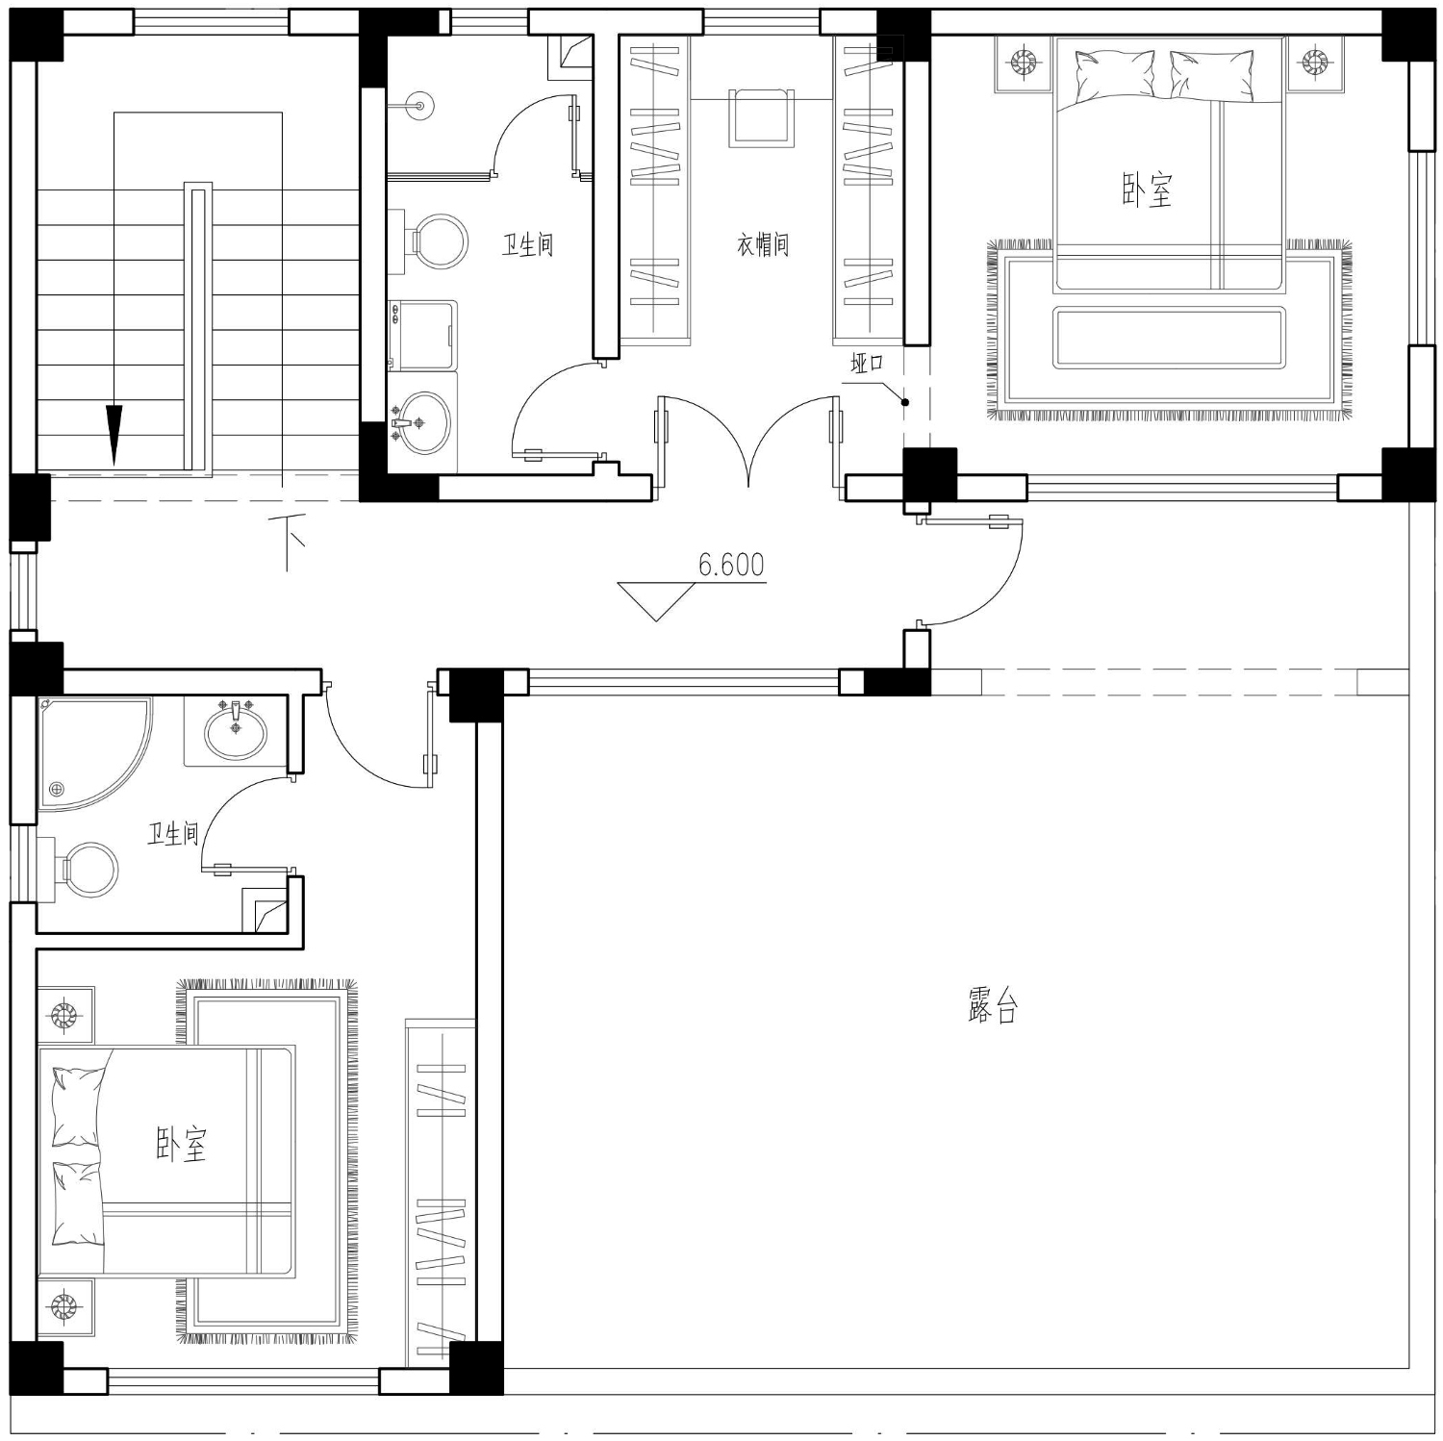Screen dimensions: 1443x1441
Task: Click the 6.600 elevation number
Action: point(731,564)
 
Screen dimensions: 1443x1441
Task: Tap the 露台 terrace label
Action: point(992,1005)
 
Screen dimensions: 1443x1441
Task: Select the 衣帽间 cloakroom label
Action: point(763,245)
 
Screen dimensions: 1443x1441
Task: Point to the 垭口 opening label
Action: point(866,364)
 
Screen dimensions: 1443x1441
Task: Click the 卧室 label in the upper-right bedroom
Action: point(1148,190)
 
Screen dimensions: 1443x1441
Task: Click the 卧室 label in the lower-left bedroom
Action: point(182,1144)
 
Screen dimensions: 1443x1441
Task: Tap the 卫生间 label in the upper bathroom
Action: point(527,245)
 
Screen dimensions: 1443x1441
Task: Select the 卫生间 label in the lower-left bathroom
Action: point(173,833)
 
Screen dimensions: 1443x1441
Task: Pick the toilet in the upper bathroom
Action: point(432,241)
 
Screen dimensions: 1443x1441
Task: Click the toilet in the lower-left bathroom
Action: point(82,870)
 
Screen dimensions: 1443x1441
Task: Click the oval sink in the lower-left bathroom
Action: point(236,729)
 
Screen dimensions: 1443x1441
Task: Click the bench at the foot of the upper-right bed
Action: point(1169,338)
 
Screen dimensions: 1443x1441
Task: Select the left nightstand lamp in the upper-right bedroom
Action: point(1024,64)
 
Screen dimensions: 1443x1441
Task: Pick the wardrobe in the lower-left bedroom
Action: point(441,1192)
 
